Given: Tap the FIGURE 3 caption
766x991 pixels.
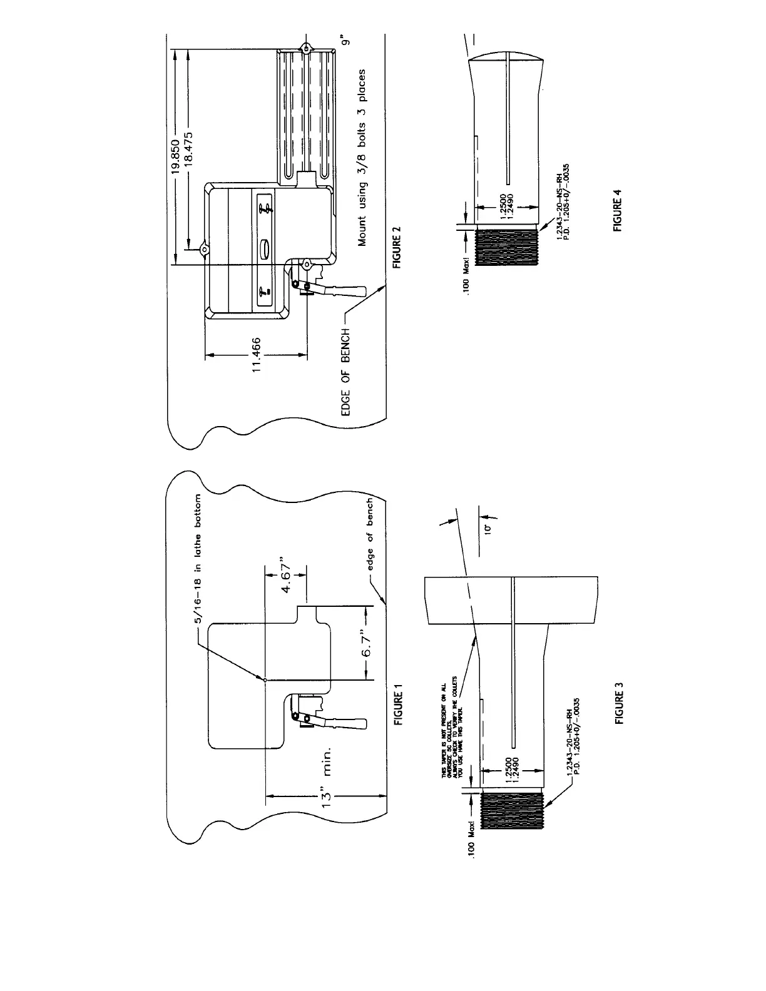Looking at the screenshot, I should click(x=620, y=703).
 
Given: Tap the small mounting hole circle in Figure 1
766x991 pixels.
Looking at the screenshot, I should click(x=265, y=680).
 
